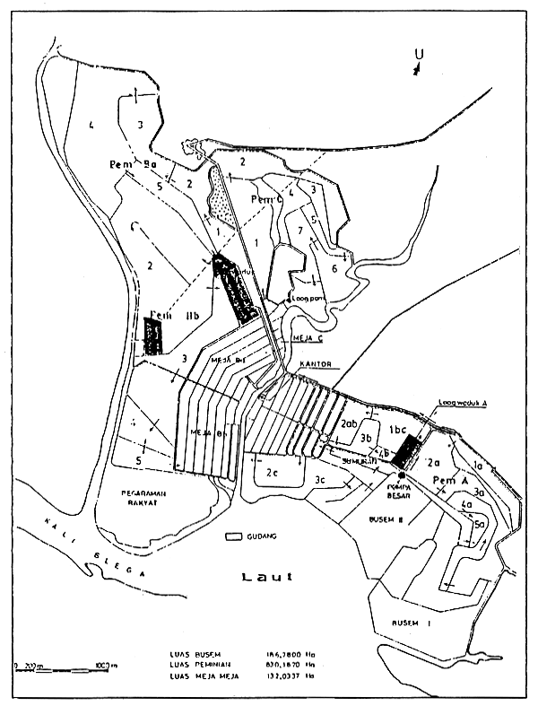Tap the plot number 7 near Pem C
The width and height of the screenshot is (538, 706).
point(299,231)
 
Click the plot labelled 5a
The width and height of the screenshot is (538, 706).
point(480,525)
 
